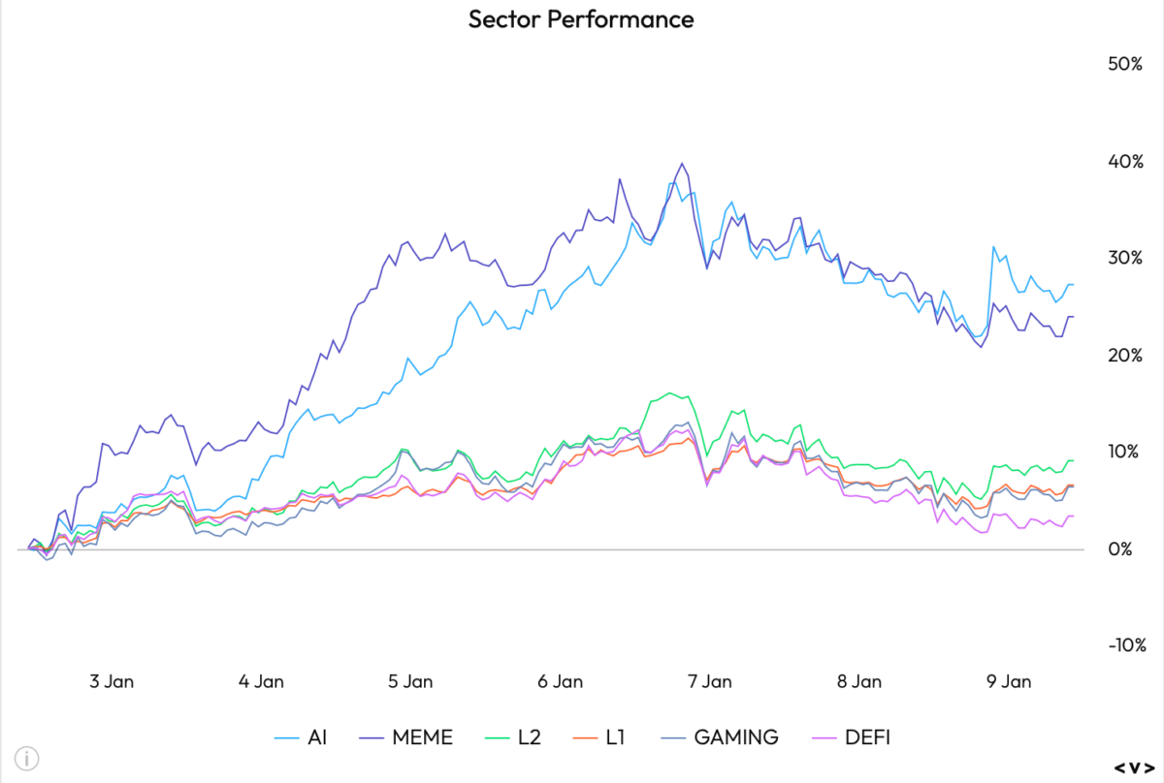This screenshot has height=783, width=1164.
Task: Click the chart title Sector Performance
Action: point(581,19)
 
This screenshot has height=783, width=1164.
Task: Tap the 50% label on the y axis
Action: point(1123,64)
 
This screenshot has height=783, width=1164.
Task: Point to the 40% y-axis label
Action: point(1123,161)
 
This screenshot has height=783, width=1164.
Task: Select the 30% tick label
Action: point(1123,258)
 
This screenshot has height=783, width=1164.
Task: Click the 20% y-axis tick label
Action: point(1123,355)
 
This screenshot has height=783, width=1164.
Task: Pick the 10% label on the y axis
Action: point(1123,452)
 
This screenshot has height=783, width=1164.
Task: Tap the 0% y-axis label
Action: point(1128,548)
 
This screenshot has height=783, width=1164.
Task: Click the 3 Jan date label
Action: point(111,681)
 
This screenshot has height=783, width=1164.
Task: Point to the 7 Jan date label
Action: point(709,681)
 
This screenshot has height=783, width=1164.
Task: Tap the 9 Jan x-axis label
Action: point(1008,681)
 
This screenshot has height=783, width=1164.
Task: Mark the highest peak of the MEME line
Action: point(682,163)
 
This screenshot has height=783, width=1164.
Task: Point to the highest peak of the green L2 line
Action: point(669,392)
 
